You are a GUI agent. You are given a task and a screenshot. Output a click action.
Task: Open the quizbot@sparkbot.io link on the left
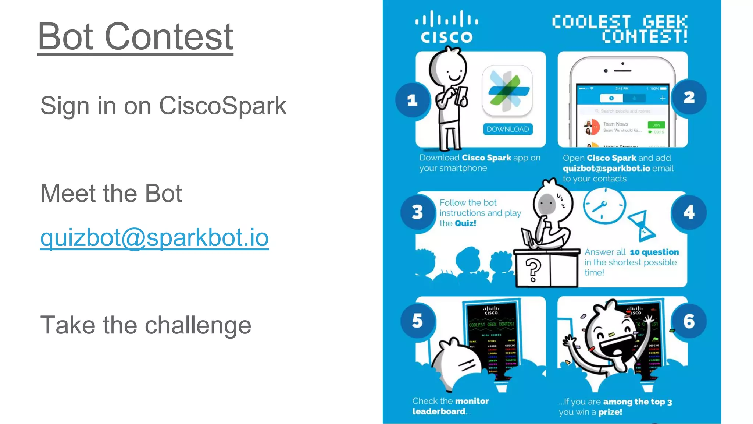154,237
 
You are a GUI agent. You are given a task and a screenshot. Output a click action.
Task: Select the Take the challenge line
146,325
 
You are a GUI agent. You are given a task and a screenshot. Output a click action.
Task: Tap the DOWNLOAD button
507,129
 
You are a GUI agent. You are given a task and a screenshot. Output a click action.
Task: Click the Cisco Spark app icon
507,91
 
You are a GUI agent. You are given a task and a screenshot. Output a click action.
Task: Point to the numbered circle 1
413,100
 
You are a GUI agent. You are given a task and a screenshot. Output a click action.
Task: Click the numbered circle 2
689,98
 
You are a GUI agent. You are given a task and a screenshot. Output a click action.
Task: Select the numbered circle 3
418,212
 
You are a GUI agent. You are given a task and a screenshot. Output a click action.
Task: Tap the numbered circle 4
689,212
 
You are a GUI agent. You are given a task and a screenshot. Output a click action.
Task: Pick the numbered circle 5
418,321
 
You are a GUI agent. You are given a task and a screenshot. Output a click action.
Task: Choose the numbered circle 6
689,321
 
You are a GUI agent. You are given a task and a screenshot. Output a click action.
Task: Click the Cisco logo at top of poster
446,27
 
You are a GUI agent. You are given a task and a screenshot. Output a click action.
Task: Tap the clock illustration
604,206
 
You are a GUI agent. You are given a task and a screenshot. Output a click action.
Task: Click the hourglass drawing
642,226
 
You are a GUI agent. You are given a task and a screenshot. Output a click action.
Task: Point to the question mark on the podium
533,270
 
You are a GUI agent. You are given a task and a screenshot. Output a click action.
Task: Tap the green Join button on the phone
656,125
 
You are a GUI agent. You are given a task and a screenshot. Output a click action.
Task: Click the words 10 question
654,252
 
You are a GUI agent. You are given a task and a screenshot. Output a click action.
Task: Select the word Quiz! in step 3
465,223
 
